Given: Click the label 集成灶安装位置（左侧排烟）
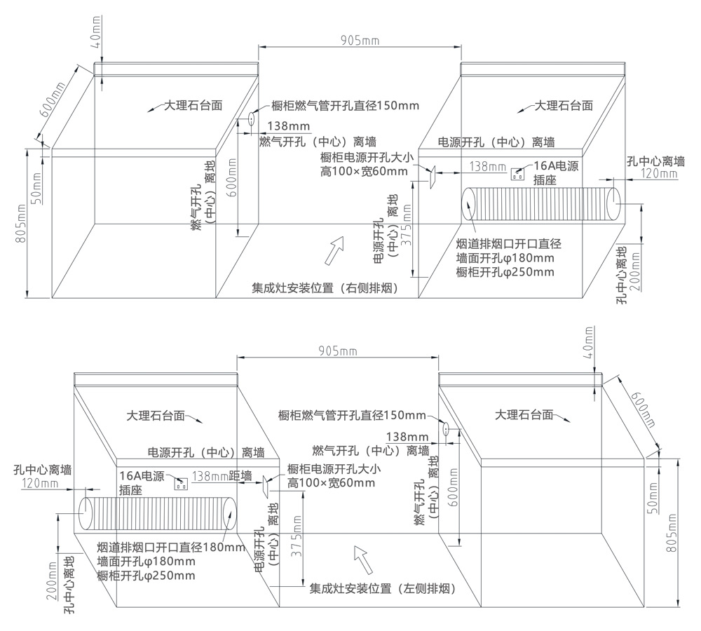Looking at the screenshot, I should click(383, 589).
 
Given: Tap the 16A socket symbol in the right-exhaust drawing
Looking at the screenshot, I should click(519, 172).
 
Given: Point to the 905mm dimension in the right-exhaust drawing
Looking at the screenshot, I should click(359, 41).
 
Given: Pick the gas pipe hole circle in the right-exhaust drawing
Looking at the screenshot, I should click(250, 119).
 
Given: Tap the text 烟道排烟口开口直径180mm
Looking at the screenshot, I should click(170, 547).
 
